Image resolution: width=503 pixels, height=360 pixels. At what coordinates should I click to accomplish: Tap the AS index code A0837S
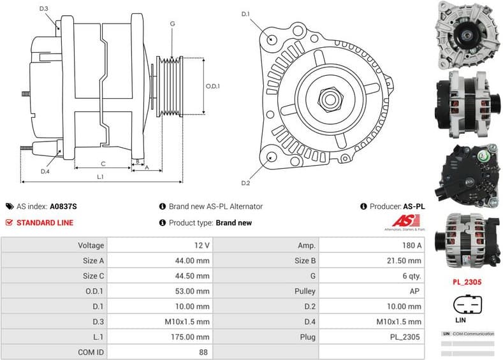pyautogui.click(x=63, y=206)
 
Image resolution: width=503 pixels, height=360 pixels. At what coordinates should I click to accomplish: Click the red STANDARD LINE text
pyautogui.click(x=45, y=223)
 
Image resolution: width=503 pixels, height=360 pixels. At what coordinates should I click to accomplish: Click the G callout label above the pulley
pyautogui.click(x=172, y=24)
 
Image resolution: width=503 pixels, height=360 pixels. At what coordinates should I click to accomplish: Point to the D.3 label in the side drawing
pyautogui.click(x=43, y=8)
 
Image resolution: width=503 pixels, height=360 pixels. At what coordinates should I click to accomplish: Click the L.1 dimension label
pyautogui.click(x=100, y=176)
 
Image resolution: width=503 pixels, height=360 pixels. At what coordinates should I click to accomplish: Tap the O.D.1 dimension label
pyautogui.click(x=213, y=86)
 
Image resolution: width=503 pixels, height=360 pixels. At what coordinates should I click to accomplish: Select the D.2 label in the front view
pyautogui.click(x=245, y=183)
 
